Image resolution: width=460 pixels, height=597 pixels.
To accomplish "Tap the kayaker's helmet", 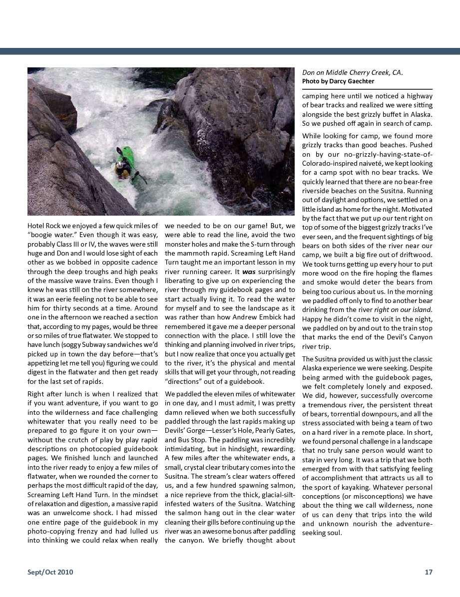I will (120, 165).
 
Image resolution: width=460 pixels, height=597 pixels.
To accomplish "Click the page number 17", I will (429, 572).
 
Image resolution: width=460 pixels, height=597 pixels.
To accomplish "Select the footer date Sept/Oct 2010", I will (50, 572).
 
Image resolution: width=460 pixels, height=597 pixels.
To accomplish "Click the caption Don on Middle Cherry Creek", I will (352, 73).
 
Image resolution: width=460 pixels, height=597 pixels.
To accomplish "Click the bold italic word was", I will (249, 273).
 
